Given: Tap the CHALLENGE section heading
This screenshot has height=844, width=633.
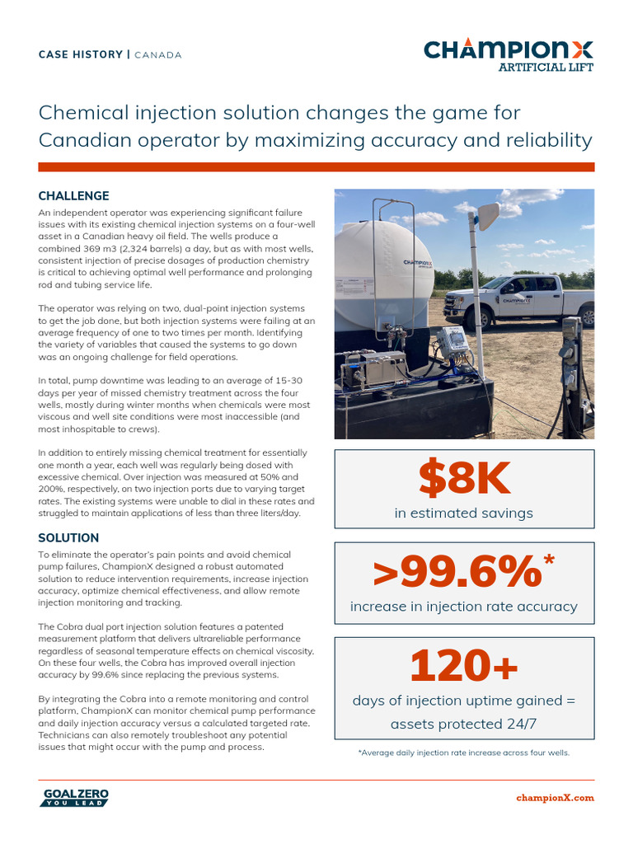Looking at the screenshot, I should click(73, 196).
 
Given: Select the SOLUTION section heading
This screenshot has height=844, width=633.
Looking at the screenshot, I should click(68, 538).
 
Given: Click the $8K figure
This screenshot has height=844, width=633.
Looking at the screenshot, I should click(464, 479).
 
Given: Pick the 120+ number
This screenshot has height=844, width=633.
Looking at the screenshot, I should click(464, 666).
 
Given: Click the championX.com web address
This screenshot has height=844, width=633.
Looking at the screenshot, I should click(555, 798).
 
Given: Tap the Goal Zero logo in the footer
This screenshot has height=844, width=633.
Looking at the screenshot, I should click(74, 797).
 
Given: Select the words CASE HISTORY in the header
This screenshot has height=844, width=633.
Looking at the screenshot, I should click(80, 55).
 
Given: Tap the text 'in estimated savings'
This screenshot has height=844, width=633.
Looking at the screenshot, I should click(464, 513).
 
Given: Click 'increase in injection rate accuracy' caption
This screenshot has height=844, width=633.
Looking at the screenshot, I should click(464, 607).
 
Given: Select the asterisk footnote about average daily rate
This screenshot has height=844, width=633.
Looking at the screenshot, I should click(464, 753).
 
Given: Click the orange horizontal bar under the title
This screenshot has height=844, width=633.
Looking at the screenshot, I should click(316, 167).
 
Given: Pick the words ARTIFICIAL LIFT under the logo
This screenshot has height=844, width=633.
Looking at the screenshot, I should click(546, 68).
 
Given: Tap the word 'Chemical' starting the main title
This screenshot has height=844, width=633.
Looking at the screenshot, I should click(88, 112).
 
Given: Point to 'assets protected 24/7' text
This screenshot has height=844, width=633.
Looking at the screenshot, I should click(464, 724).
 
